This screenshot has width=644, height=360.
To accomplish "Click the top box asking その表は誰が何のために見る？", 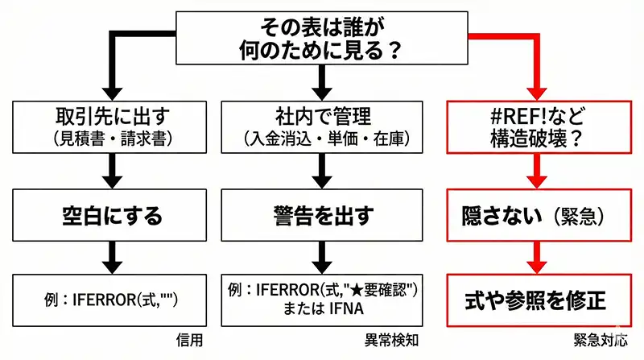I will click(321, 38).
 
